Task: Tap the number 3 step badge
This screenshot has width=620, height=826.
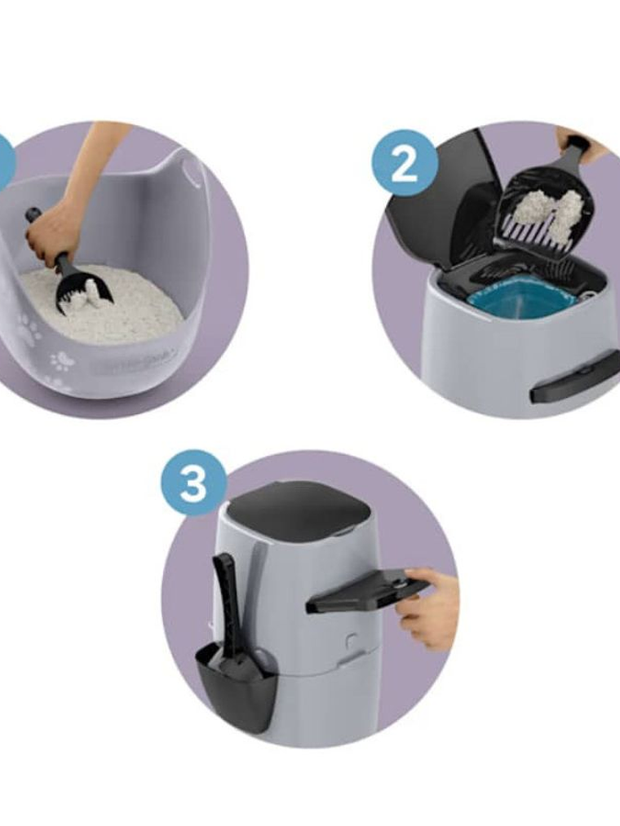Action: tap(193, 483)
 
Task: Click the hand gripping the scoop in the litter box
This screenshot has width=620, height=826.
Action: tap(54, 232)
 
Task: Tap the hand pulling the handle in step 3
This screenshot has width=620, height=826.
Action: tap(432, 607)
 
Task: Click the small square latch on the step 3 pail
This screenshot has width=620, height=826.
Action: tap(350, 640)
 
